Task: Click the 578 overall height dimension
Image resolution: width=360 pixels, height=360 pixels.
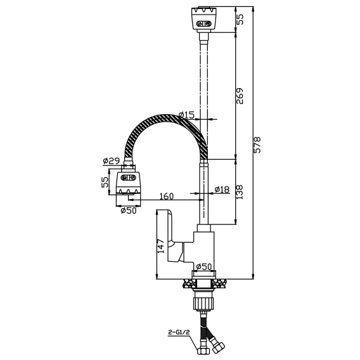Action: (x=257, y=145)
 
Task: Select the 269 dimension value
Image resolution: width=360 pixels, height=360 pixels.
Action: (x=240, y=96)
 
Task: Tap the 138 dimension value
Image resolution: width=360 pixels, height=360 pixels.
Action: (x=240, y=192)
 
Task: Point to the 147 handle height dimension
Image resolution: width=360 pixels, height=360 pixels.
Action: (x=161, y=246)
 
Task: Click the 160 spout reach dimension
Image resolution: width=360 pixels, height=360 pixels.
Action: (x=167, y=196)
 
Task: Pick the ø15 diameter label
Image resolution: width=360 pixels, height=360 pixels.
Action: (x=186, y=115)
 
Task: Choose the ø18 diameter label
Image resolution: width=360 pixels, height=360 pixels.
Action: (x=222, y=190)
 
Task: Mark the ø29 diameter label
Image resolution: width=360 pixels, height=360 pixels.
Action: (x=111, y=161)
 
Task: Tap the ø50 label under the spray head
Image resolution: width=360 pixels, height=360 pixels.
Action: (x=129, y=210)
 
